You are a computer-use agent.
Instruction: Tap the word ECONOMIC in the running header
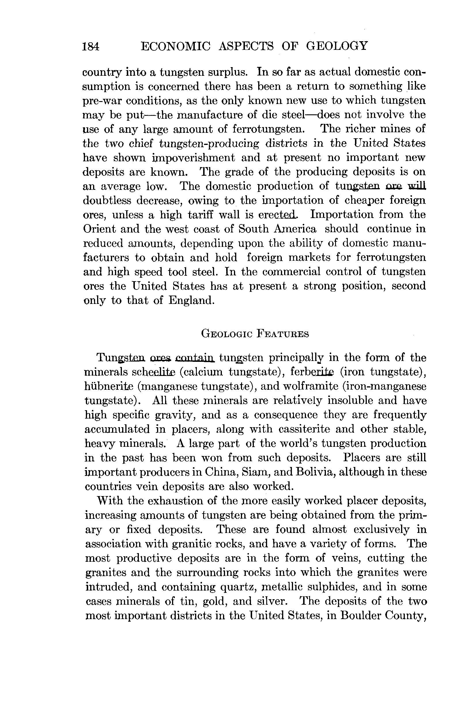[x=176, y=46]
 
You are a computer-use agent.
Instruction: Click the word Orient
[x=99, y=229]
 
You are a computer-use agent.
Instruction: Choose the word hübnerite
[x=109, y=386]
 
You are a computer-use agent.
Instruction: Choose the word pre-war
[x=101, y=101]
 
